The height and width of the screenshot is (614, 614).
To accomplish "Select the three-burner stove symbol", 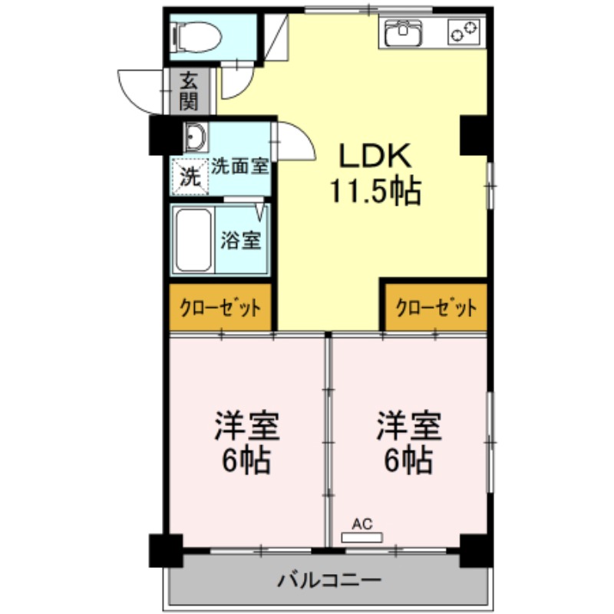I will [463, 32].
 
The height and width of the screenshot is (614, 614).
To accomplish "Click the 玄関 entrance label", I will [189, 91].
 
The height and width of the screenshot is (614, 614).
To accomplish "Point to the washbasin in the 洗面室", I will [194, 138].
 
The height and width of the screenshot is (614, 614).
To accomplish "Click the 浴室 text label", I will [240, 240].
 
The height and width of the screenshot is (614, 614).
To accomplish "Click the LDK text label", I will [376, 157].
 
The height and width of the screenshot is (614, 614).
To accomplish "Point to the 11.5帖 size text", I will [375, 191].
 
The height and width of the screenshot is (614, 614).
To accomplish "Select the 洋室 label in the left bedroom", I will [247, 425].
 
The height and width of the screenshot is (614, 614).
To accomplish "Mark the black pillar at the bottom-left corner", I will [164, 550].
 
